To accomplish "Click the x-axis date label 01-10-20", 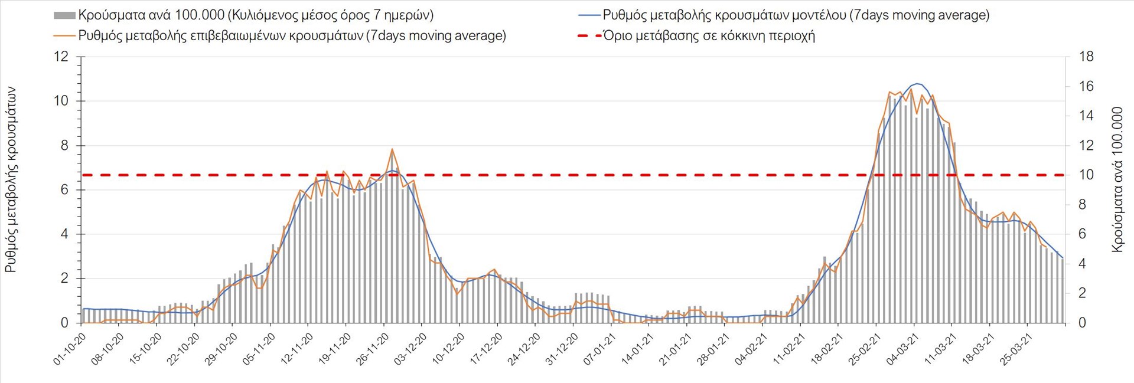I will pos(70,349).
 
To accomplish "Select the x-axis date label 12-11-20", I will pos(297,349).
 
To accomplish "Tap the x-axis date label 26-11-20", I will pos(373,349).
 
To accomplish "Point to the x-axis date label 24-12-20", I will pos(524,349).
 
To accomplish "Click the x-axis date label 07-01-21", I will pos(599,349).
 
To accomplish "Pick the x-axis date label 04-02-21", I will pos(751,349).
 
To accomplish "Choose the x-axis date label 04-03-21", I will pos(902,349).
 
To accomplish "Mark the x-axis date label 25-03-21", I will pos(1015,349).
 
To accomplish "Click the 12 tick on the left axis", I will pos(61,57).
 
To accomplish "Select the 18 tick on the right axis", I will pos(1086,57).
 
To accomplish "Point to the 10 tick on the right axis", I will pos(1086,175).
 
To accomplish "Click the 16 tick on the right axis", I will pos(1086,86).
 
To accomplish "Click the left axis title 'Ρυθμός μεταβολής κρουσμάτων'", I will pos(11,180).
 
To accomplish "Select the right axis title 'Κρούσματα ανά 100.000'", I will pos(1116,180).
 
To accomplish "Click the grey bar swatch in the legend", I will pos(64,15).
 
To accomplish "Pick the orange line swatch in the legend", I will pos(64,35).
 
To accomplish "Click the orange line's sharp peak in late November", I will pos(392,149).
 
